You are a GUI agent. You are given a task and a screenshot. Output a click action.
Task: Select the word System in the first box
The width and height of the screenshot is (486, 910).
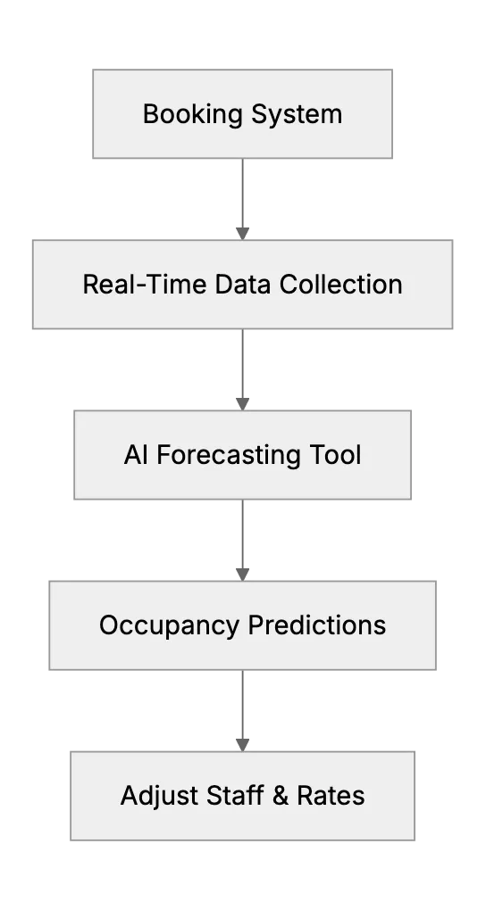pos(297,114)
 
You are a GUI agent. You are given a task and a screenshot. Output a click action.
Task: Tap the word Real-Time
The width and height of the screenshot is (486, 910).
pos(145,285)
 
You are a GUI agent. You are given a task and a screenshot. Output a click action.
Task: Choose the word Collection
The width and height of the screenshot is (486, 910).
pos(341,285)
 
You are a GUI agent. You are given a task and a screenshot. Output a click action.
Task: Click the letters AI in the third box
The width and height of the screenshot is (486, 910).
pos(136,455)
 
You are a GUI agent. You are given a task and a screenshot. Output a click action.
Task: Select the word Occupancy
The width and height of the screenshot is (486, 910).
pos(169,626)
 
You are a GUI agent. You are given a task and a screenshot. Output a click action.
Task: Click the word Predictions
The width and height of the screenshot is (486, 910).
pos(317,625)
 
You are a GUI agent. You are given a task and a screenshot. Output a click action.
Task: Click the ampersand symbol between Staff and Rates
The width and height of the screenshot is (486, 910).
pos(281,796)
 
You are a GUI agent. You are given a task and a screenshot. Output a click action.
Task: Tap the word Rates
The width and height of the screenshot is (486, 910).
pos(331,796)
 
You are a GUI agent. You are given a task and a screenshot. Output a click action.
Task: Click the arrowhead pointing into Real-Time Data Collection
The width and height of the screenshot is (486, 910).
pos(242,234)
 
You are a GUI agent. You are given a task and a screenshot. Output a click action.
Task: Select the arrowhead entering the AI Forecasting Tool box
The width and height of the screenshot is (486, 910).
pos(242,404)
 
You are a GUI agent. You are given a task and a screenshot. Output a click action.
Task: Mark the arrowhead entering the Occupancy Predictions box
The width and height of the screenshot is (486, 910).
pos(242,575)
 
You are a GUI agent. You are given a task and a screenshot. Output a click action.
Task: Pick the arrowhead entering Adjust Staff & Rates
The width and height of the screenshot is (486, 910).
pos(242,745)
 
